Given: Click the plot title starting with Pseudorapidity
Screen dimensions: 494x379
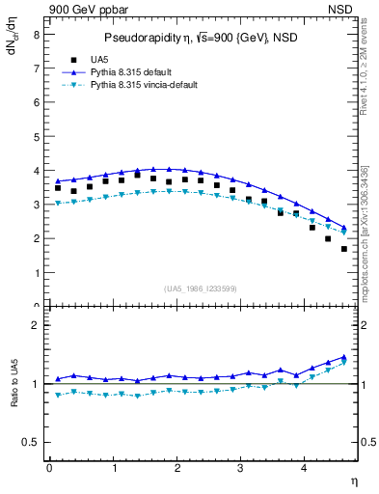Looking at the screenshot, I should coord(201,38).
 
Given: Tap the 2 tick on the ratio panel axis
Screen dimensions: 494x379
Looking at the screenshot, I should coord(36,325).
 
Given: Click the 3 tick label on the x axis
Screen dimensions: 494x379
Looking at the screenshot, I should coord(241,468).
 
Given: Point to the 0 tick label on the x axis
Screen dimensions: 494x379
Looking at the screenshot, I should coord(49,468).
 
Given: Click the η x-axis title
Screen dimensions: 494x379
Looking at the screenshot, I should coord(353,480).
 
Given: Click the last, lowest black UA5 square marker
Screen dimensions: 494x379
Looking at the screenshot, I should coord(344,249).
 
